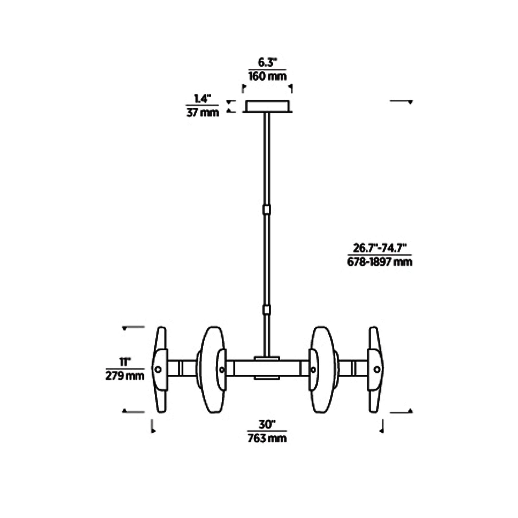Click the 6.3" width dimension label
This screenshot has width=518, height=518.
[267, 63]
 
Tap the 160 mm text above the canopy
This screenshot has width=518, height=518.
[267, 76]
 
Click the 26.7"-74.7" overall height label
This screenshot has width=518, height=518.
[380, 248]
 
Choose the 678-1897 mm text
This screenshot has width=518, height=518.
[380, 262]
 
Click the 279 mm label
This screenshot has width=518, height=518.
[125, 376]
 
